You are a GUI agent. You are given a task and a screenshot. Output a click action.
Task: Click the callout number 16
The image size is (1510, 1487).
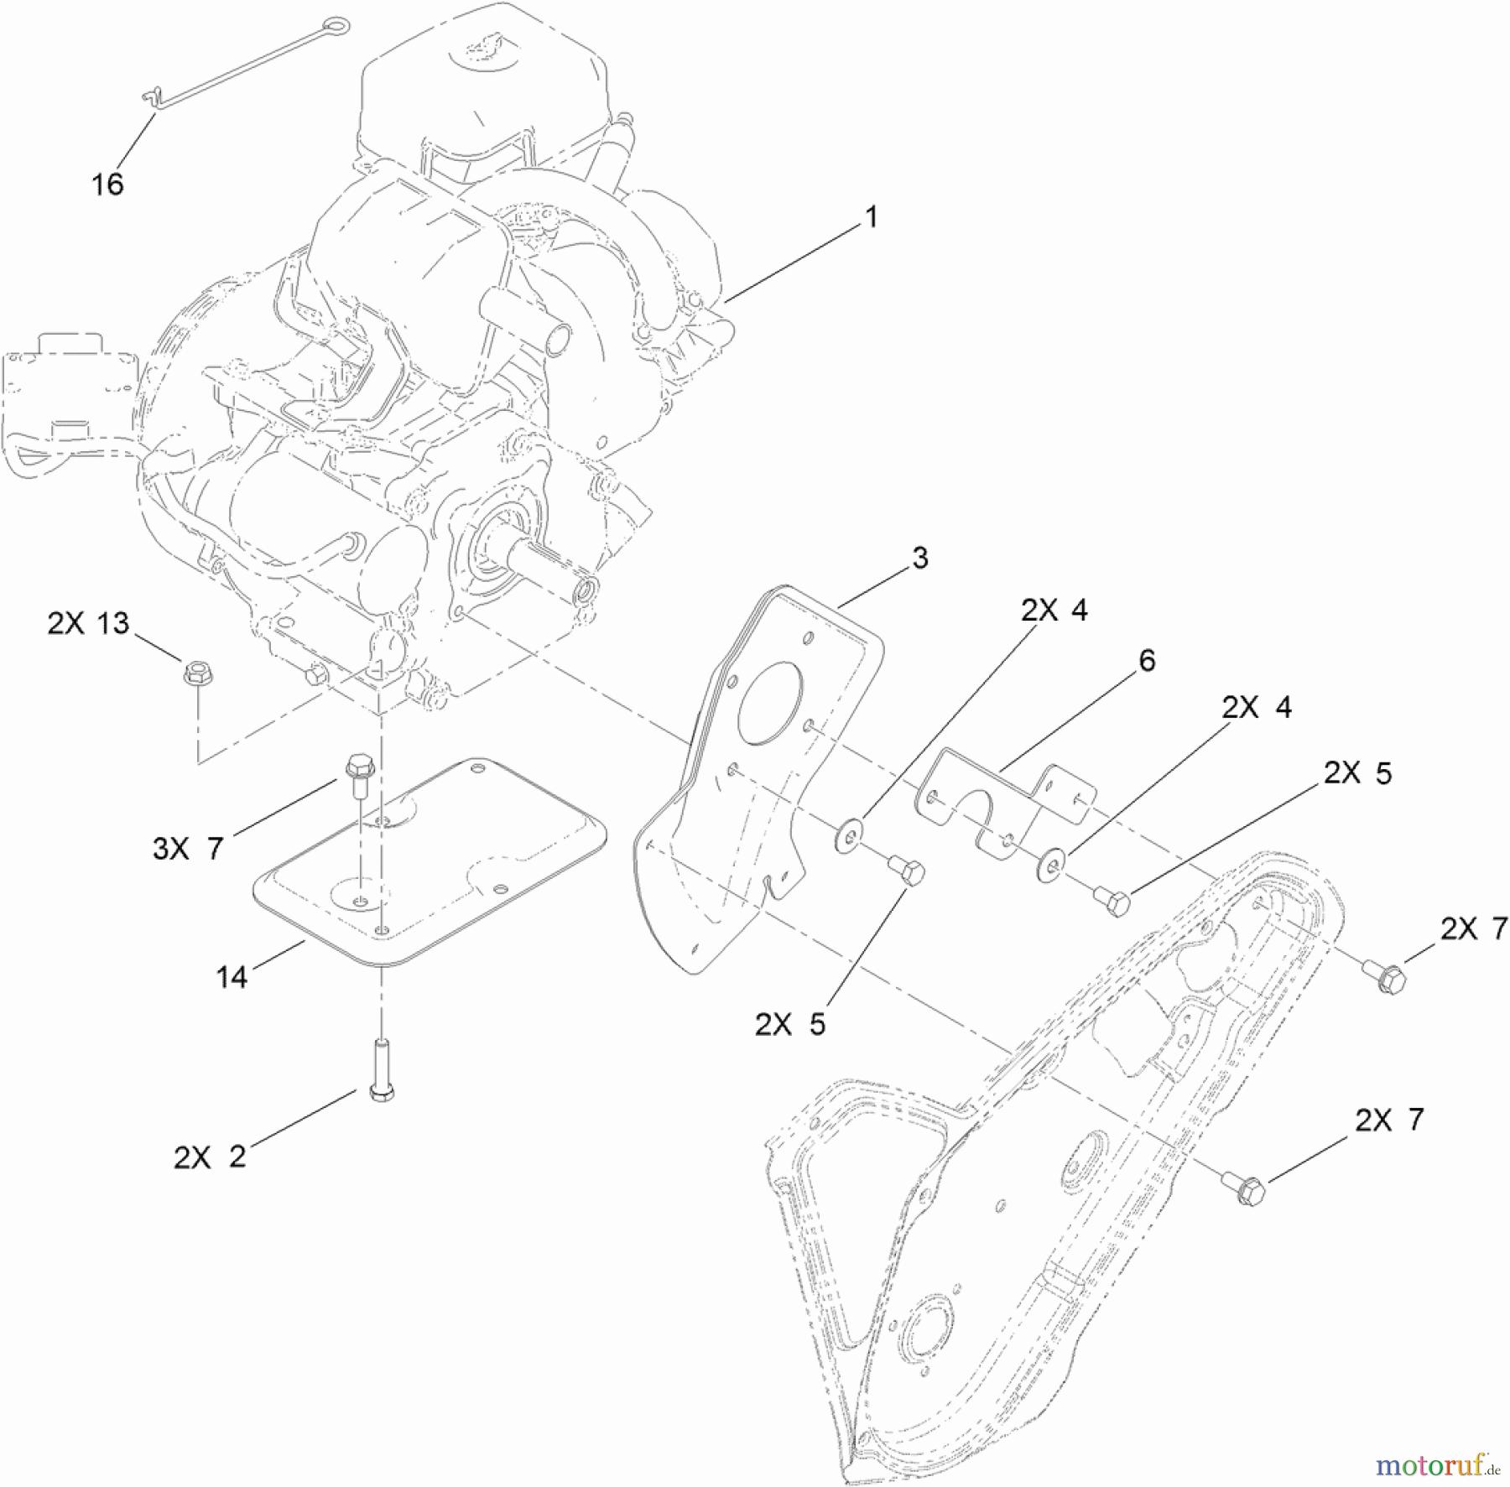point(107,184)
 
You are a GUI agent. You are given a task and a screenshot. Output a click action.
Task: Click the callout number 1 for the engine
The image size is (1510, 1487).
point(871,217)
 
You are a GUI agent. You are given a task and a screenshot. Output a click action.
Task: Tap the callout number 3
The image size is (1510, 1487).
point(920,558)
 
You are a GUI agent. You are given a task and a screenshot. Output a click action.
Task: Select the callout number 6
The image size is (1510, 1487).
point(1147,661)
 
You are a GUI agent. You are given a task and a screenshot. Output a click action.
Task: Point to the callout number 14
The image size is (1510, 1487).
point(232,976)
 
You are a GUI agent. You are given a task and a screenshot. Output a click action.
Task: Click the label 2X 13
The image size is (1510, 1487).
point(88,623)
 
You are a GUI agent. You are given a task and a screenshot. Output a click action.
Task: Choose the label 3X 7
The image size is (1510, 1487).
point(188,849)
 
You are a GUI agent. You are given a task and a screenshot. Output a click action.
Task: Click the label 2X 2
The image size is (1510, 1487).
point(210,1157)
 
